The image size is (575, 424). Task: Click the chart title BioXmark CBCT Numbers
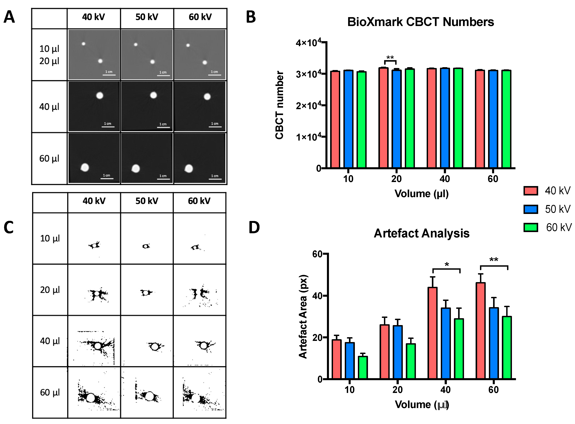pyautogui.click(x=420, y=22)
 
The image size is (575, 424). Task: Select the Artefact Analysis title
pyautogui.click(x=422, y=233)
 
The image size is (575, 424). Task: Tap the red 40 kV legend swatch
pyautogui.click(x=531, y=191)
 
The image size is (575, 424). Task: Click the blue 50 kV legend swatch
pyautogui.click(x=531, y=209)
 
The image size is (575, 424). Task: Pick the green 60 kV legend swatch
pyautogui.click(x=531, y=227)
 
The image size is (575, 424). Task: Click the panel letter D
pyautogui.click(x=254, y=227)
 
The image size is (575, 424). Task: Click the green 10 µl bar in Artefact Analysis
pyautogui.click(x=363, y=367)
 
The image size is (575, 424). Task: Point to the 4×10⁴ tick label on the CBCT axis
pyautogui.click(x=308, y=42)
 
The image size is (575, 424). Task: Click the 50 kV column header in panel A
pyautogui.click(x=147, y=17)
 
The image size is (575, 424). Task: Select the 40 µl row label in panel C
pyautogui.click(x=50, y=341)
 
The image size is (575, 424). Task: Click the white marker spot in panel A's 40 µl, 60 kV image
pyautogui.click(x=207, y=97)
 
